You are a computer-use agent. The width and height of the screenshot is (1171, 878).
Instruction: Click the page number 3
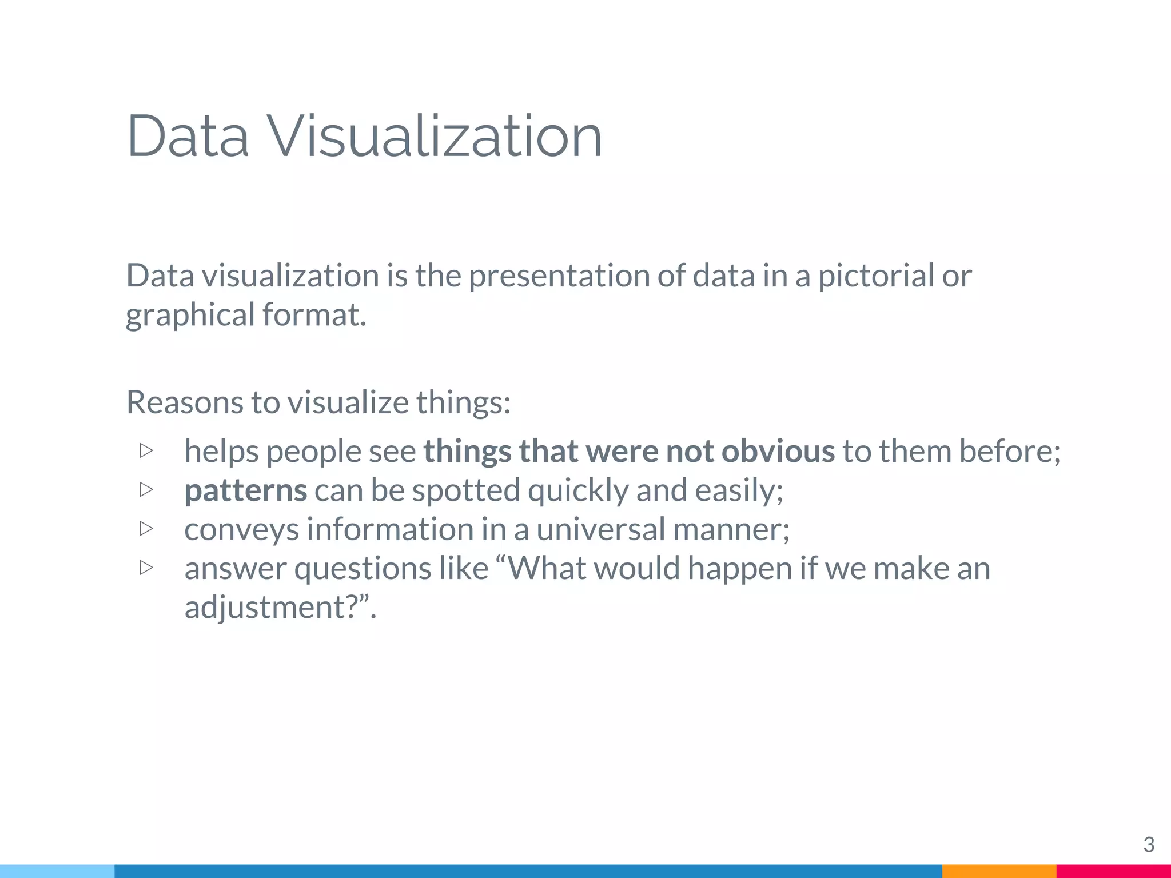click(1148, 844)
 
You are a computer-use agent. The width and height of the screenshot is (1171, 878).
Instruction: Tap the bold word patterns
click(246, 490)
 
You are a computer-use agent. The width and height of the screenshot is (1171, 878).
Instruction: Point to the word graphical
click(190, 316)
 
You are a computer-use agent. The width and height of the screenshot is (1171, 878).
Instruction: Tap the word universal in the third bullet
click(600, 529)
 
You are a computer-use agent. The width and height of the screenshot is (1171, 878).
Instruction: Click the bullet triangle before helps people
click(146, 450)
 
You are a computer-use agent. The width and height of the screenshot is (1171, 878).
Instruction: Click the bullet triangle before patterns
click(146, 489)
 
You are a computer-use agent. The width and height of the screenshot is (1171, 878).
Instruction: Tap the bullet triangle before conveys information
click(146, 528)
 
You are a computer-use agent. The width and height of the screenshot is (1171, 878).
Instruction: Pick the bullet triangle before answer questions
click(146, 567)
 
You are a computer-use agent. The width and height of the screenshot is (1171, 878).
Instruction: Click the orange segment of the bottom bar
click(999, 871)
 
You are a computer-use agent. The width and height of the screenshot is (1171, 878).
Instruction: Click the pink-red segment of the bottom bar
click(1113, 871)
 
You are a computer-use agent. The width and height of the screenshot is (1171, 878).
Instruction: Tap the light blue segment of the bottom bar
click(57, 871)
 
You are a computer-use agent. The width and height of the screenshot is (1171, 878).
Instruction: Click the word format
click(314, 316)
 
